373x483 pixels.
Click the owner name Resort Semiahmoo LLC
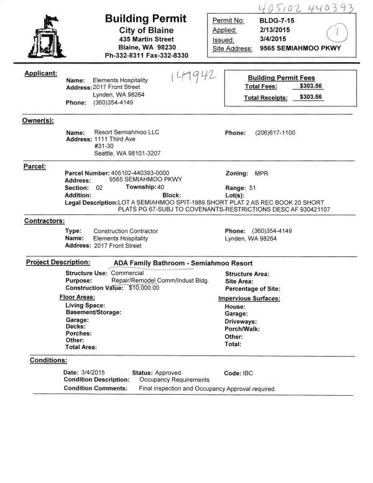(x=127, y=133)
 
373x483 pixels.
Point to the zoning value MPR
(x=262, y=172)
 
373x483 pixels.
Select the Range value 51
(x=252, y=187)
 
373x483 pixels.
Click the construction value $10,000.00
(x=144, y=288)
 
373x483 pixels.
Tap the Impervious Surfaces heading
(x=249, y=298)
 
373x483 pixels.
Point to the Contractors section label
(x=44, y=221)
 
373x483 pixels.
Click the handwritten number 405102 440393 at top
(x=302, y=7)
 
